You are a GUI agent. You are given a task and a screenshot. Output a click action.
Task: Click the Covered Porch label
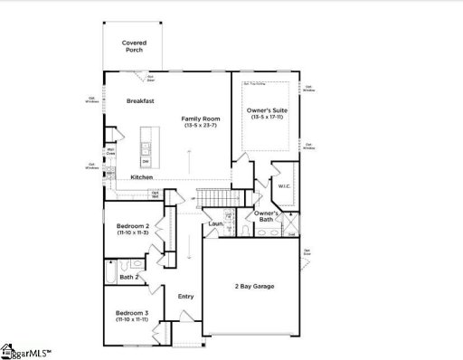[134, 46]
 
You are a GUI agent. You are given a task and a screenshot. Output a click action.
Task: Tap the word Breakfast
[141, 101]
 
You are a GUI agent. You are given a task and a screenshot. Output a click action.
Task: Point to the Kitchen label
[141, 176]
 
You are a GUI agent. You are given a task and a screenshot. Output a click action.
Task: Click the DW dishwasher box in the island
[145, 161]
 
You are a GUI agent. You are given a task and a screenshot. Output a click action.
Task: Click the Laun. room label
[215, 223]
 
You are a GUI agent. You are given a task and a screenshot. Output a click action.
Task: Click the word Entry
[185, 296]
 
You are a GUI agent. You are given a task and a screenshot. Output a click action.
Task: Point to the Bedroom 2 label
[131, 225]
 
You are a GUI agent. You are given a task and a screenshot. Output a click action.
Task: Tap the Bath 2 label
[129, 276]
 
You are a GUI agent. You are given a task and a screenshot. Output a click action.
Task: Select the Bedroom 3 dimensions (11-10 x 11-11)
[131, 319]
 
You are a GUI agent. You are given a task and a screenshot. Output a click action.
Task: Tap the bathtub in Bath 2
[111, 269]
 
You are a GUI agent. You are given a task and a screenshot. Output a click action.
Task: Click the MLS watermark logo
[27, 350]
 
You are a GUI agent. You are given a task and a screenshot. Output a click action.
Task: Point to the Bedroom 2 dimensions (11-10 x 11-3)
[131, 232]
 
